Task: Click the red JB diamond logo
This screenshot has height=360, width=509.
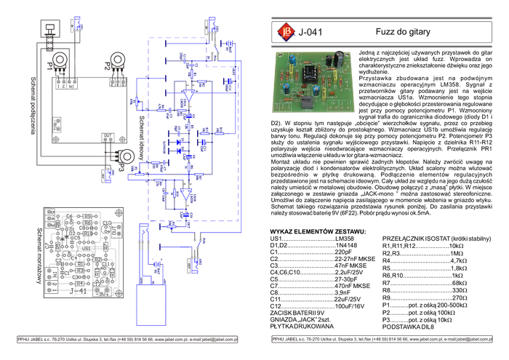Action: [284, 31]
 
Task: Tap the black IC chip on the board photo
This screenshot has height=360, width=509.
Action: [309, 73]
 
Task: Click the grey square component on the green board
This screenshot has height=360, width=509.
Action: [305, 105]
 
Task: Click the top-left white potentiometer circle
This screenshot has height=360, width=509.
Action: [60, 60]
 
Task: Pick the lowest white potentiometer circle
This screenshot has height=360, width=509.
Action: [127, 156]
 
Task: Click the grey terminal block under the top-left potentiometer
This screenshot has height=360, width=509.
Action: [67, 83]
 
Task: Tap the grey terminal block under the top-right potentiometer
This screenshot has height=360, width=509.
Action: [118, 82]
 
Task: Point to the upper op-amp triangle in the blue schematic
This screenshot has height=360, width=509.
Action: [188, 95]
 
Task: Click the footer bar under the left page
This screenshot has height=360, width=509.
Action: [127, 339]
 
